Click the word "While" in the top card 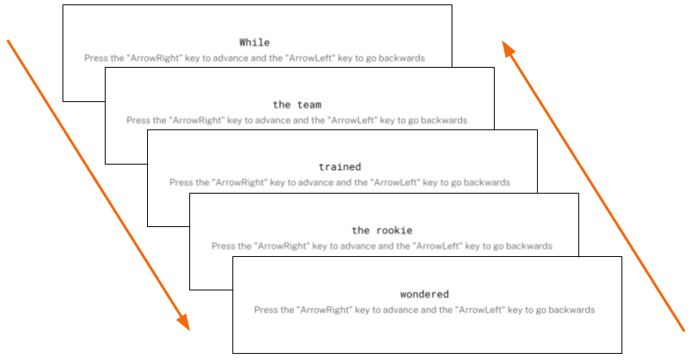pos(254,42)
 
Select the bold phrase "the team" pos(297,105)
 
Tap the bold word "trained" pos(340,166)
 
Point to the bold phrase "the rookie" pos(382,231)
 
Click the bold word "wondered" pos(424,294)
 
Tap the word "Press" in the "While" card pos(95,58)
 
